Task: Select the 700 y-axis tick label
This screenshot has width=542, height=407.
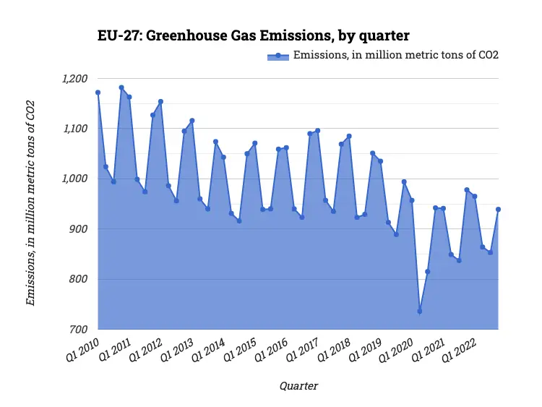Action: coord(78,330)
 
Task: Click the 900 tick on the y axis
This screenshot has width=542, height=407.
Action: coord(78,229)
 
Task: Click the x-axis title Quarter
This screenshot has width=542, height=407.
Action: coord(298,386)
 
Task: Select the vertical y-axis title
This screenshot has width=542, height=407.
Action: coord(30,204)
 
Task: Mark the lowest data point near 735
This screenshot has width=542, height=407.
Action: coord(420,312)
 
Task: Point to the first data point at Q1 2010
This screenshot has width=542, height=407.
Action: coord(98,93)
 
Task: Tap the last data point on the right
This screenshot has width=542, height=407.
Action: coord(499,209)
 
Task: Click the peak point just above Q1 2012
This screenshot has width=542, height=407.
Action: coord(160,101)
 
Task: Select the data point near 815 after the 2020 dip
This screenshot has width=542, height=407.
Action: coord(427,272)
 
